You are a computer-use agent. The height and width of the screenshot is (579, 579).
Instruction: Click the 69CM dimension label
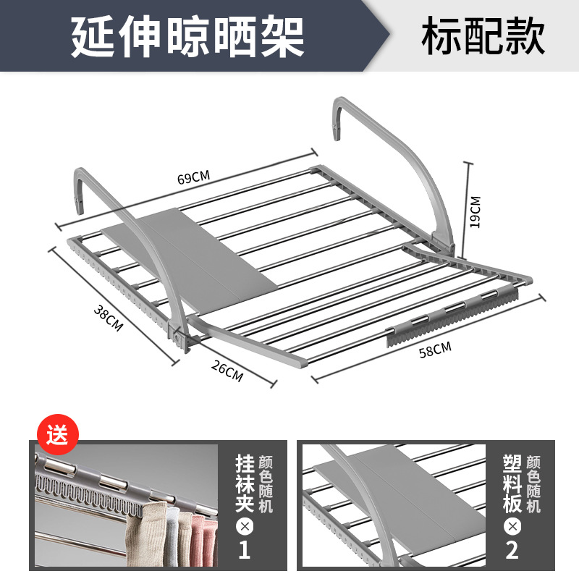(193, 177)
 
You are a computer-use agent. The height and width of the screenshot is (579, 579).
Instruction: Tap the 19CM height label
(475, 211)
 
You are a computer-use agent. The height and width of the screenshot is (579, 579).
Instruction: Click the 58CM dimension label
(435, 349)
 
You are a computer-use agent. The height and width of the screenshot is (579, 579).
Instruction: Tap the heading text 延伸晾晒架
(187, 37)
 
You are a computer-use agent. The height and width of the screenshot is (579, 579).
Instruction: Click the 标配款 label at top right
(483, 37)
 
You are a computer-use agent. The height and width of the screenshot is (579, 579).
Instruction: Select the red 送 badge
(56, 437)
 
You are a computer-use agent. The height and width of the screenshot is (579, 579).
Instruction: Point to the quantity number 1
(244, 549)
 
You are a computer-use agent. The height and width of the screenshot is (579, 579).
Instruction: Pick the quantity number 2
(512, 549)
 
